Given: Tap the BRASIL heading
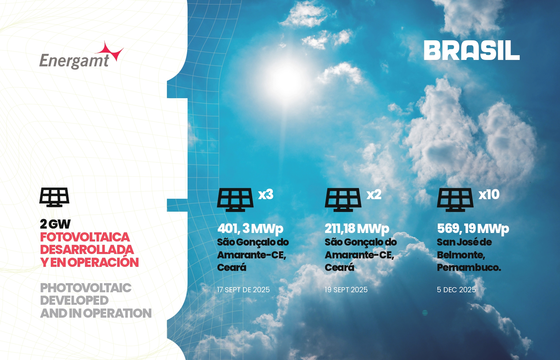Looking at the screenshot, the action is point(472,50).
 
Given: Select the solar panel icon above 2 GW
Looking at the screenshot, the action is point(54,197).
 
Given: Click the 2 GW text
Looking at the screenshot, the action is point(55,224).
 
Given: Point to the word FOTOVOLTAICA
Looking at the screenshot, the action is point(85,237).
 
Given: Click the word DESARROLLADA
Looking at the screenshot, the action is point(87,250).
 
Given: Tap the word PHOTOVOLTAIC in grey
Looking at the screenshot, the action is point(86,288).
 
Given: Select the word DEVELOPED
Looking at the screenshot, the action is point(74,300).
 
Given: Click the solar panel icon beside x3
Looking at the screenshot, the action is point(235,200).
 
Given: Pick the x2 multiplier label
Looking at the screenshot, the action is point(374,194).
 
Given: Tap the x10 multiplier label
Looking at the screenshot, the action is point(489,194).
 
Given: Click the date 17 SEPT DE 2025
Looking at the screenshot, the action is point(243,290).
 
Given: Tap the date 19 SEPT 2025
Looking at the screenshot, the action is point(346,290).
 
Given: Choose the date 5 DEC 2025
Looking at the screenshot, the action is point(456,290).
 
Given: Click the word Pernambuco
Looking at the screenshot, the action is point(469,268).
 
